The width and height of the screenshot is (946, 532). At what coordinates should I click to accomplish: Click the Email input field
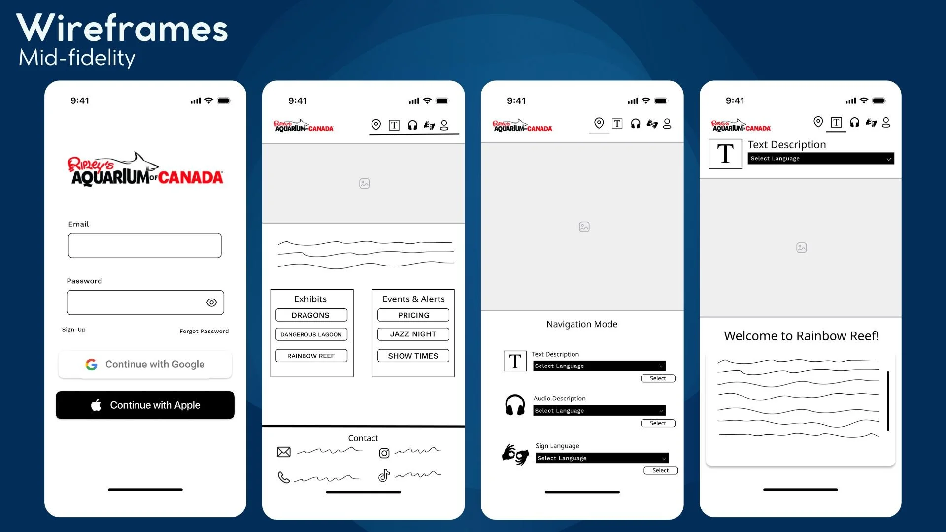pyautogui.click(x=145, y=245)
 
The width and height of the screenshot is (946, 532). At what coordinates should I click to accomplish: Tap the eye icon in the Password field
pyautogui.click(x=211, y=302)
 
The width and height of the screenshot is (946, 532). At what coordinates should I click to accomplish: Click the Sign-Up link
pyautogui.click(x=74, y=330)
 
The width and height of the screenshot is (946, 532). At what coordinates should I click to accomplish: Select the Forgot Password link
pyautogui.click(x=204, y=331)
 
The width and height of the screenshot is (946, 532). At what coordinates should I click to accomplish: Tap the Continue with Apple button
pyautogui.click(x=145, y=405)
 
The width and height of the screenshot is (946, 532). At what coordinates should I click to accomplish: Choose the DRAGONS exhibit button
pyautogui.click(x=311, y=315)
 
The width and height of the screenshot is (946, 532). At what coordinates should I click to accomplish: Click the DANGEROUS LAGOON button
pyautogui.click(x=311, y=334)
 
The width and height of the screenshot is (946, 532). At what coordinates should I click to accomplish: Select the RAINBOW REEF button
pyautogui.click(x=311, y=356)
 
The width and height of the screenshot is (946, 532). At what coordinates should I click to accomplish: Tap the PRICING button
pyautogui.click(x=413, y=315)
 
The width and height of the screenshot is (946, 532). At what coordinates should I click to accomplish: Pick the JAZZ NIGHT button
pyautogui.click(x=413, y=334)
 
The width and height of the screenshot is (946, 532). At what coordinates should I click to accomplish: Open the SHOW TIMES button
pyautogui.click(x=413, y=356)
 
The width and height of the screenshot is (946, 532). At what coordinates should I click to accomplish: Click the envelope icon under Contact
pyautogui.click(x=284, y=452)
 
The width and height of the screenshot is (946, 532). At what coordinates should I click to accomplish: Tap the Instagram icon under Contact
pyautogui.click(x=384, y=453)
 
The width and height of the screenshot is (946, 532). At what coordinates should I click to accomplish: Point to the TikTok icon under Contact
pyautogui.click(x=384, y=475)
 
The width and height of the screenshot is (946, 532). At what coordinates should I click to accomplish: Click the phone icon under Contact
pyautogui.click(x=284, y=477)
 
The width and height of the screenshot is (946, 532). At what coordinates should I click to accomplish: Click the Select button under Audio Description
pyautogui.click(x=658, y=423)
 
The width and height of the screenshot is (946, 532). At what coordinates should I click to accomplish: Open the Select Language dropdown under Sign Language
pyautogui.click(x=602, y=458)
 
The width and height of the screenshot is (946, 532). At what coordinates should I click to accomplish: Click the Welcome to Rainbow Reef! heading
pyautogui.click(x=802, y=336)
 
